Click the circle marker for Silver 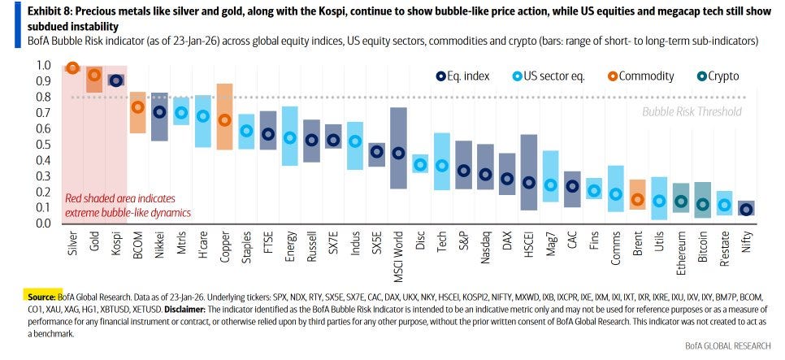click(x=72, y=68)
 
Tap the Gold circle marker click(x=94, y=76)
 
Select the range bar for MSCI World click(x=398, y=149)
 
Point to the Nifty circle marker click(x=746, y=209)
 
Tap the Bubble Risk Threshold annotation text click(x=691, y=111)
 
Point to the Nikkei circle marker click(x=160, y=113)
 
